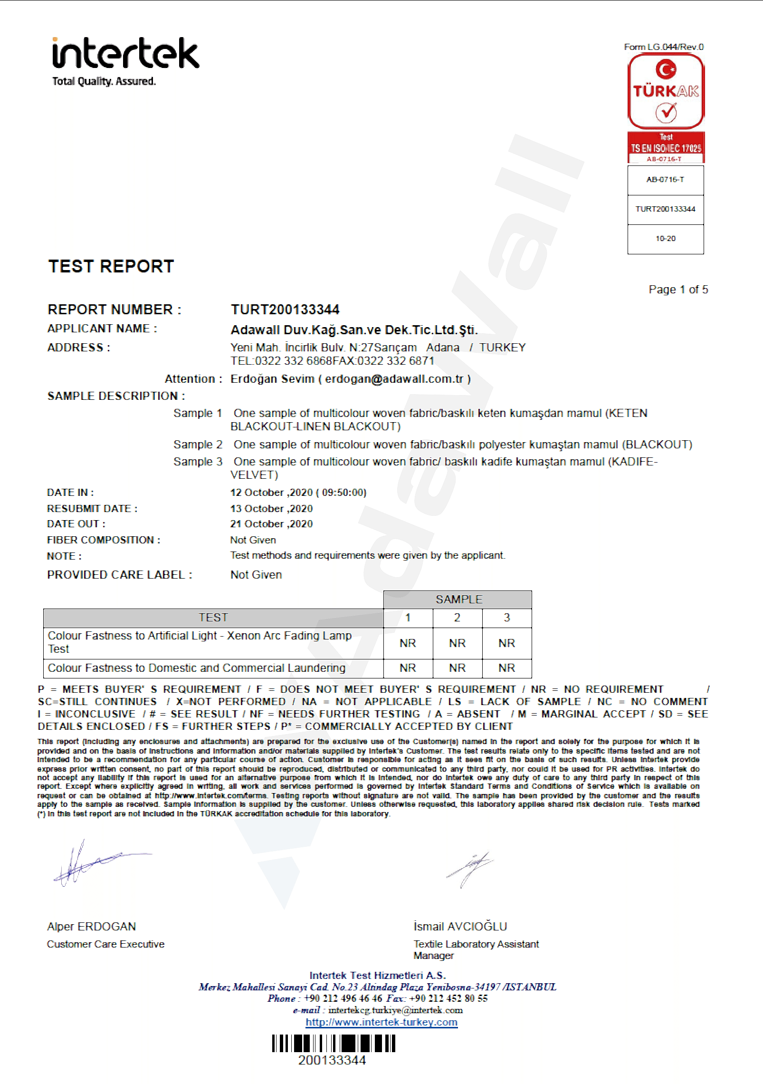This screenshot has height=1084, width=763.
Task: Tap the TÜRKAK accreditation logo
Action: point(666,91)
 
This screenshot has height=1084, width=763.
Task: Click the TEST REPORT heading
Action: point(111,267)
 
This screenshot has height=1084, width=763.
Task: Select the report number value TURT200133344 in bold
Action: point(285,310)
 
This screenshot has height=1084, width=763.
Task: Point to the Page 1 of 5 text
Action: point(678,290)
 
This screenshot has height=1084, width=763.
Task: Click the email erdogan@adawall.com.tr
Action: point(394,379)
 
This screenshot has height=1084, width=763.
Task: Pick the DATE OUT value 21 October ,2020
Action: point(271,524)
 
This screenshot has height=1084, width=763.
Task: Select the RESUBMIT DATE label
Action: point(92,509)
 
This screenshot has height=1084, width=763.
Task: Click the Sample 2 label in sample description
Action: point(198,445)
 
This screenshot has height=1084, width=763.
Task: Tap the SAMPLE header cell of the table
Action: point(458,600)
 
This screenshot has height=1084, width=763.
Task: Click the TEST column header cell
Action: point(213,618)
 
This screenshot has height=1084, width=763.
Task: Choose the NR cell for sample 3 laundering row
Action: point(506,668)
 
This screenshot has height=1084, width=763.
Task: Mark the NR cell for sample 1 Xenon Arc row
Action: point(408,643)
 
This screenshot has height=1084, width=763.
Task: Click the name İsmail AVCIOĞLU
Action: point(460,926)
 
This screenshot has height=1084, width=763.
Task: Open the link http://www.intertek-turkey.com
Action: point(381,1022)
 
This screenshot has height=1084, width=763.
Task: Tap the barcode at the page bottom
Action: point(334,1044)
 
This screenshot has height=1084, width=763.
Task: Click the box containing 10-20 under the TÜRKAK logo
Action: point(665,239)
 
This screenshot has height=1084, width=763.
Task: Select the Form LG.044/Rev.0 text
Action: point(663,47)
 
